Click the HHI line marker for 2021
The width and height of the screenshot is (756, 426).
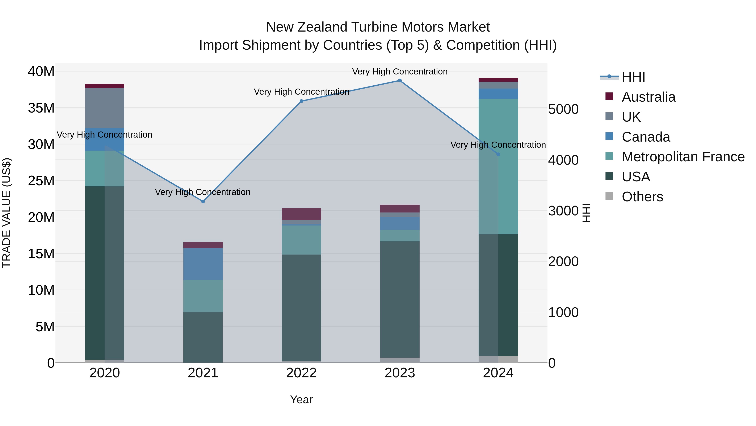(x=203, y=201)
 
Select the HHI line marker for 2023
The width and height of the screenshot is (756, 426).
(x=400, y=81)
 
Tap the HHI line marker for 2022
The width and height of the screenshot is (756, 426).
(x=301, y=101)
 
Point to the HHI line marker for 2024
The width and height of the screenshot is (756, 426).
(x=498, y=154)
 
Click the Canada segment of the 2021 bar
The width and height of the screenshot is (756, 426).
(x=203, y=264)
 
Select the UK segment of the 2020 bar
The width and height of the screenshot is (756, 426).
(x=105, y=108)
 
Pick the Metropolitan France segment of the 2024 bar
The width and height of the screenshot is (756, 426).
(x=498, y=166)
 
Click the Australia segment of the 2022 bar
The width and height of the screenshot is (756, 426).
(x=301, y=214)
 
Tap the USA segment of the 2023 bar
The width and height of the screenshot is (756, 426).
(x=400, y=299)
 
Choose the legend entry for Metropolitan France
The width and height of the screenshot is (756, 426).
(x=683, y=157)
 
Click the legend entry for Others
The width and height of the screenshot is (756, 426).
(x=642, y=197)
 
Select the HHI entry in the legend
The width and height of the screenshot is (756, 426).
(x=633, y=77)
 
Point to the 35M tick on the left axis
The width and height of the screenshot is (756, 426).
(x=41, y=108)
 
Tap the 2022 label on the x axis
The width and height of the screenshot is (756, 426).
(x=301, y=373)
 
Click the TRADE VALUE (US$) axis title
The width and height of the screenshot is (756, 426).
(x=7, y=213)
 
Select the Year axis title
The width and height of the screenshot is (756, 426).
(x=301, y=399)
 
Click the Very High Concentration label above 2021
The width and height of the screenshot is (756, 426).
(x=203, y=192)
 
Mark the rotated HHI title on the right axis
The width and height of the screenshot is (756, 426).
(x=586, y=213)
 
